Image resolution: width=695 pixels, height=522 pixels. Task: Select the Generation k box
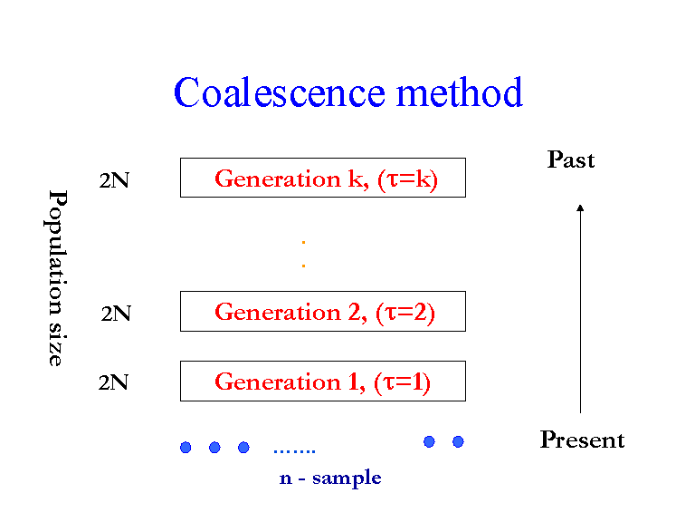coord(322,178)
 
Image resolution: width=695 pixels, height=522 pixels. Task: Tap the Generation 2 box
coord(322,311)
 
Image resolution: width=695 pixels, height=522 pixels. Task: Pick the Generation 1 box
coord(322,381)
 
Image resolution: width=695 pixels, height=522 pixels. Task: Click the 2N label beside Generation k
coord(114,180)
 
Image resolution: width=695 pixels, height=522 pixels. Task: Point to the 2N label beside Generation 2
coord(116,314)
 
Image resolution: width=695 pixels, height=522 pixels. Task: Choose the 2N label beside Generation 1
coord(114,382)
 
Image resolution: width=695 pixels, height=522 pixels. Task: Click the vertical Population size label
coord(56,277)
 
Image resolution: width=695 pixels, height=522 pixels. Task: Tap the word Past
coord(571,160)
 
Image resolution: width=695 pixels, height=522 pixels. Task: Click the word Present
coord(582,440)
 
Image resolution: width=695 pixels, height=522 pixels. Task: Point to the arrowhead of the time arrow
coord(580,208)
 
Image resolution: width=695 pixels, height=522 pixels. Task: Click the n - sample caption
coord(330,478)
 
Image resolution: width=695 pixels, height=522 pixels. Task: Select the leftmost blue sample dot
coord(186,447)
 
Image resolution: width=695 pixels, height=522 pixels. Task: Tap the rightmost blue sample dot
coord(458,441)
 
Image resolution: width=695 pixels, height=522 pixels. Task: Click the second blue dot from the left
coord(214,447)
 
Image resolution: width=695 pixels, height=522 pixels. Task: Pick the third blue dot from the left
coord(243,447)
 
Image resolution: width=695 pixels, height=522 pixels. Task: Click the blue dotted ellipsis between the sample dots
coord(294,450)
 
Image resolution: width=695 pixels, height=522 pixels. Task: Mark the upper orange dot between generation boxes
coord(303,243)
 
